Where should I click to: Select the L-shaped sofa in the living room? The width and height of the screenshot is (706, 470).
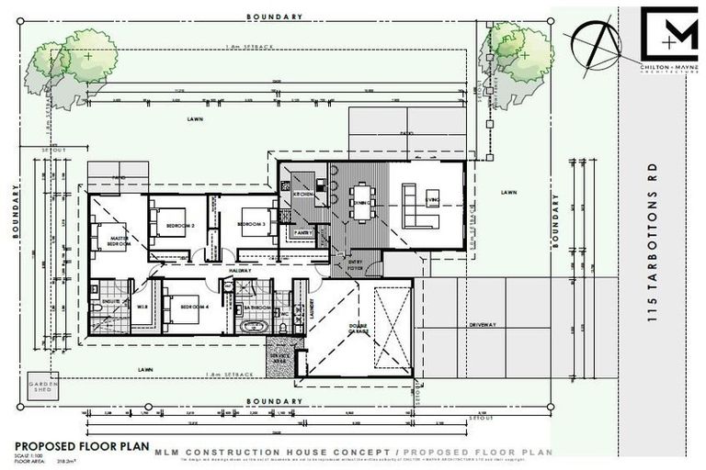(x=418, y=207)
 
